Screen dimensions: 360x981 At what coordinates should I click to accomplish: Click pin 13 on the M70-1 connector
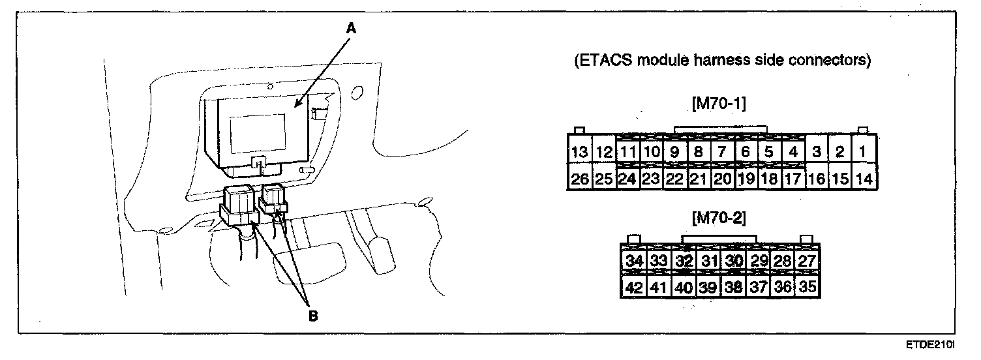579,153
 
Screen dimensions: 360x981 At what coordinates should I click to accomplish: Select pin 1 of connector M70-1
862,153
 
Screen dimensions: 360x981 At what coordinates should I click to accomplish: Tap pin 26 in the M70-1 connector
579,179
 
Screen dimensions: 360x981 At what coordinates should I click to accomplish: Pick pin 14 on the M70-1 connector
864,179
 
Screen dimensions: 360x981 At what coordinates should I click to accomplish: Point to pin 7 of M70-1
722,153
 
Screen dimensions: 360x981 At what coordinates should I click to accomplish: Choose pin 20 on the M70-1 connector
722,179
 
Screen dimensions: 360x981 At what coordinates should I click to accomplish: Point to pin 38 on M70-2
733,287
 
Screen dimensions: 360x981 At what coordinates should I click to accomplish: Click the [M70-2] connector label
721,216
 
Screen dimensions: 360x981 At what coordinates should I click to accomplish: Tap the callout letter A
351,28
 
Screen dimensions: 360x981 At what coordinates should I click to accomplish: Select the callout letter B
312,316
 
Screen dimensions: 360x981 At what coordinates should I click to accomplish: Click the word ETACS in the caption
603,61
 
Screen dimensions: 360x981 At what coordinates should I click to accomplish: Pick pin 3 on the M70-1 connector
816,153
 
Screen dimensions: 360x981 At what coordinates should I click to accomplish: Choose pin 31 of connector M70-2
708,261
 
